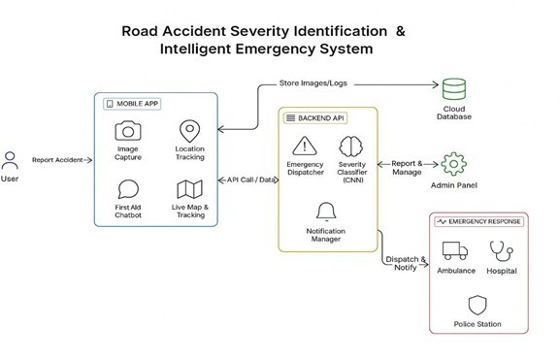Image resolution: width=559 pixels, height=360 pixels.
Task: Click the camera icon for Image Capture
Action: coord(127,132)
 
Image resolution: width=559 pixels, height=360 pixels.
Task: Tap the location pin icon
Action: coord(188,131)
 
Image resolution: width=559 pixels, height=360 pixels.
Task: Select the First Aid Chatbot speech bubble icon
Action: coord(127,189)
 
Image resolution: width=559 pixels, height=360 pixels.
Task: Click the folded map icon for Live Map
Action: coord(188,190)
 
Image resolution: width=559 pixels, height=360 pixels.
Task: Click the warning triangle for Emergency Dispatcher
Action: coord(305,147)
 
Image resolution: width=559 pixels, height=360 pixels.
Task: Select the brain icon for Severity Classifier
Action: coord(350,147)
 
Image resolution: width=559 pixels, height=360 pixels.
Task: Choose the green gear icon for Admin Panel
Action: coord(451,162)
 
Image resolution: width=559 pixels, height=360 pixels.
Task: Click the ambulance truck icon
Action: coord(454,251)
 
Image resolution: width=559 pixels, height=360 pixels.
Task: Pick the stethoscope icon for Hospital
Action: coord(502,249)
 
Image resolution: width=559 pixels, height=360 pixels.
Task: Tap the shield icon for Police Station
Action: coord(477,305)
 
